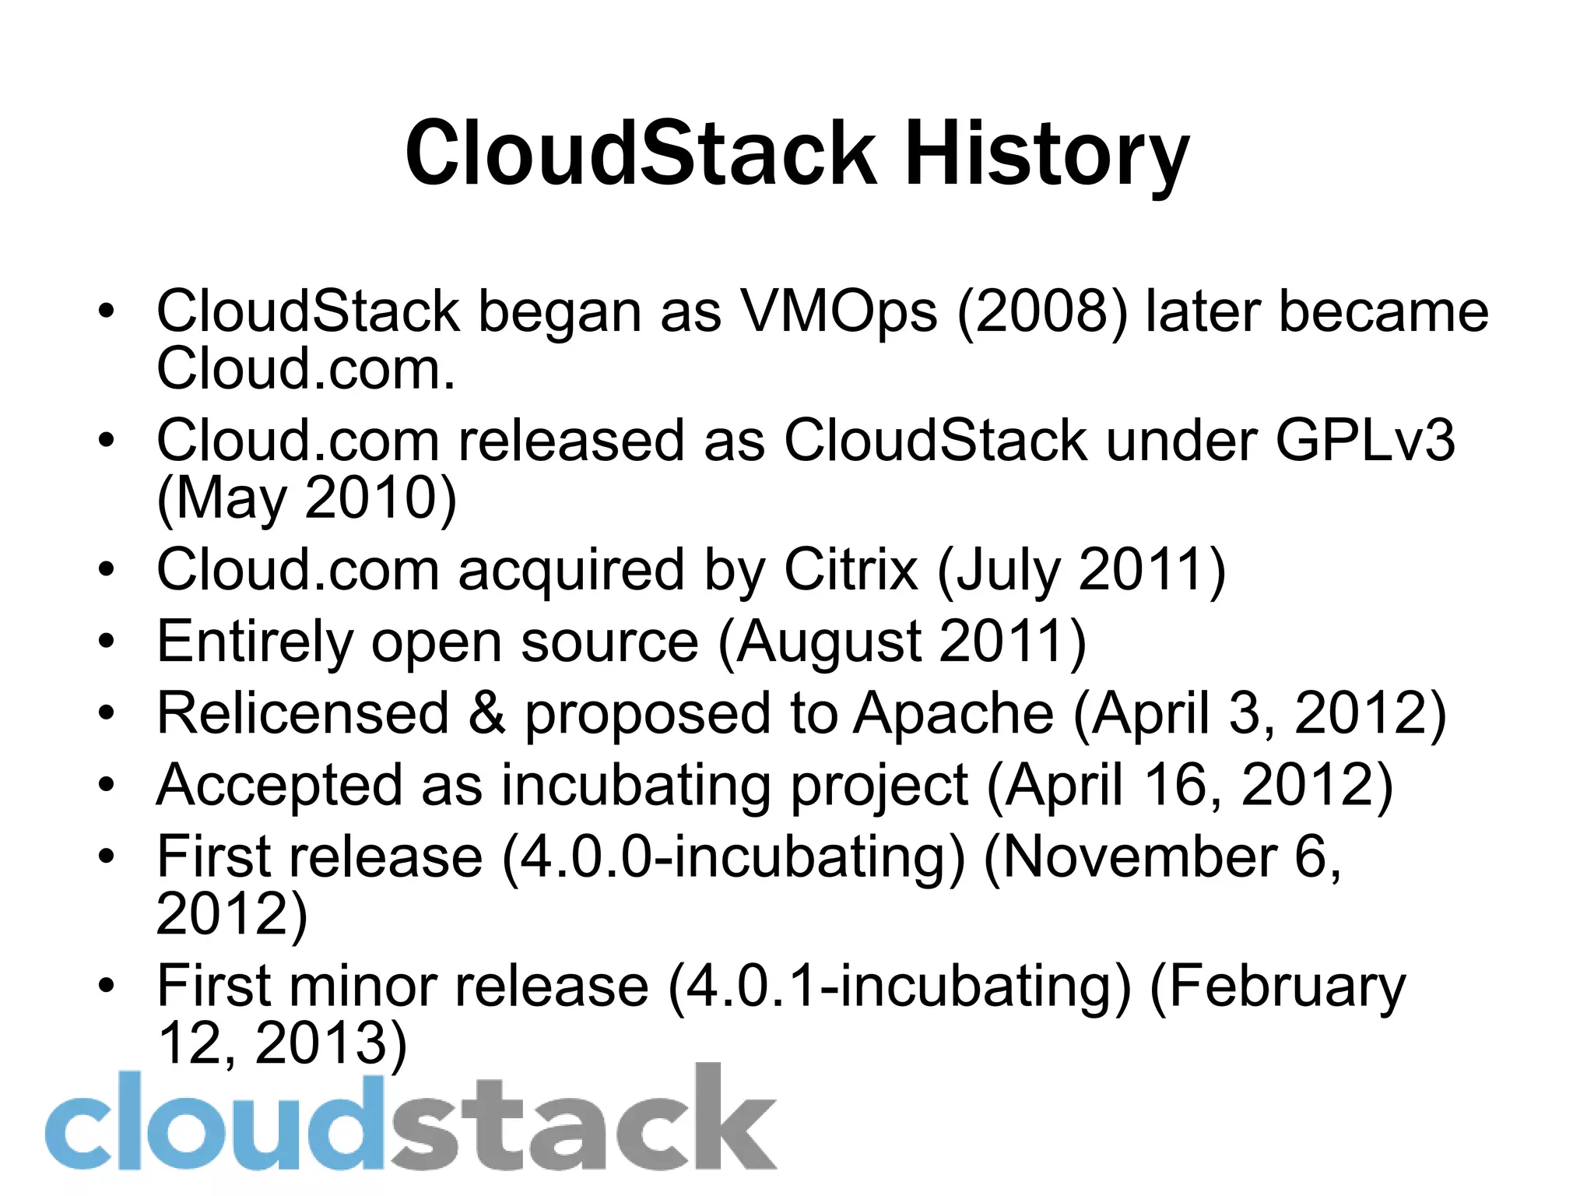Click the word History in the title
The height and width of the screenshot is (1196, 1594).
1046,154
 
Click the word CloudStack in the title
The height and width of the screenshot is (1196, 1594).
640,154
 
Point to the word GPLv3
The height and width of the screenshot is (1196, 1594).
1364,441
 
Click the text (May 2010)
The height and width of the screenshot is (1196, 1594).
307,498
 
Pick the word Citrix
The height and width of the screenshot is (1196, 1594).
851,570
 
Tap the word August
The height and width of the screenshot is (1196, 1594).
829,643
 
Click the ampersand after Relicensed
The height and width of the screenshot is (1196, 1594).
486,713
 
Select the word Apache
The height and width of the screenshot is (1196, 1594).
953,713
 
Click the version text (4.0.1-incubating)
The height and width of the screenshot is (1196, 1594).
899,987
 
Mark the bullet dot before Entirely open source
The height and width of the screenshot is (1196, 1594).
107,642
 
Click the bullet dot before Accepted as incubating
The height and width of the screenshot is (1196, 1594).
107,786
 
